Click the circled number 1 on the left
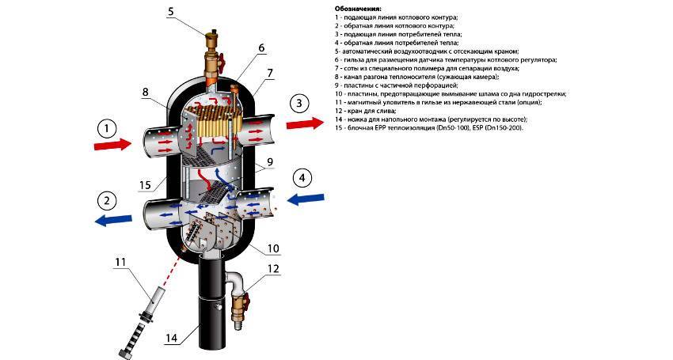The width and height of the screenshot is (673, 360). [108, 129]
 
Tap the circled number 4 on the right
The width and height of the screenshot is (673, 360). [302, 177]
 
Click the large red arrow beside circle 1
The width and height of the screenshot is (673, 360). [113, 145]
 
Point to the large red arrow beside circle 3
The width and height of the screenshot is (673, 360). [304, 123]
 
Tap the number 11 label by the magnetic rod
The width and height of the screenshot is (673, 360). [120, 262]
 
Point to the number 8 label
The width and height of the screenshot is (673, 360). [145, 93]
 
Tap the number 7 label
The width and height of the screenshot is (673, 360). [270, 72]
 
